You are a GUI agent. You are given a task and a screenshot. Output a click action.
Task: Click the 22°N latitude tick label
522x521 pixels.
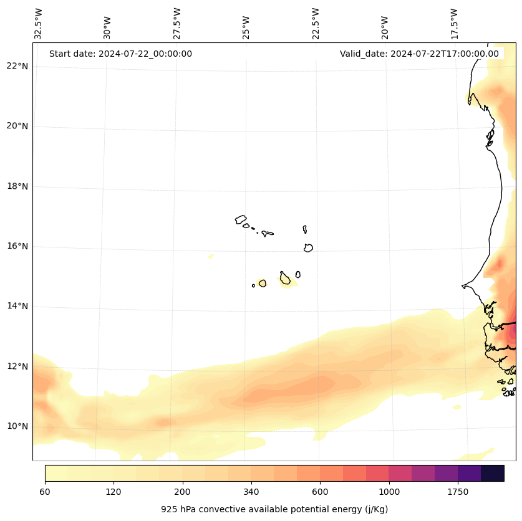point(17,67)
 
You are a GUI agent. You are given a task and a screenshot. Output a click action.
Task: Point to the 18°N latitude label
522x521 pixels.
point(17,186)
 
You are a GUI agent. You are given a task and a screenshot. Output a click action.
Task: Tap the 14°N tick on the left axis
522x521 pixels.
point(17,306)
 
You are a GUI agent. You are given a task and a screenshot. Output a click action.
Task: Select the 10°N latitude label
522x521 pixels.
point(17,426)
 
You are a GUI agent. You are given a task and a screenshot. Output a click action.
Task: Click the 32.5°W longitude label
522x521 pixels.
point(39,24)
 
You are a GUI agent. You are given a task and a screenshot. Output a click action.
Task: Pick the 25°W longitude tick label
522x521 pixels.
point(246,28)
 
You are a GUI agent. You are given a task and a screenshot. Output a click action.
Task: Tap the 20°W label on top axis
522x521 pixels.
point(385,28)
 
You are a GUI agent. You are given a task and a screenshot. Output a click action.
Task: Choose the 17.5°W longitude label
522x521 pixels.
point(454,24)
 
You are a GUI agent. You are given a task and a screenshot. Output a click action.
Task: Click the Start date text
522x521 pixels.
point(120,54)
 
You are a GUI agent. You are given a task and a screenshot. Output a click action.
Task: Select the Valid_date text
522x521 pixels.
point(419,54)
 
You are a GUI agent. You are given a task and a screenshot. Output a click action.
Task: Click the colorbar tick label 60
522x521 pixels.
point(45,492)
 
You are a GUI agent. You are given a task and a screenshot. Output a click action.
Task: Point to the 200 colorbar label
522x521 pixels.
point(182,492)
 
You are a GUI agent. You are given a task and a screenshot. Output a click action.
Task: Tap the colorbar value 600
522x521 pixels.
point(320,492)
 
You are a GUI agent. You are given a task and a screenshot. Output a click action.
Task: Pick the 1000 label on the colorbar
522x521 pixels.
point(389,492)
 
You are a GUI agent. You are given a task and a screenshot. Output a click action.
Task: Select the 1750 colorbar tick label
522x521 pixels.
point(458,492)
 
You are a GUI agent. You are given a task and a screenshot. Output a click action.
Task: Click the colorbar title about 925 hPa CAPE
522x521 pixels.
point(274,509)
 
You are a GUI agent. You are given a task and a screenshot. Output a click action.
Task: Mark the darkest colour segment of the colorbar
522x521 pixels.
point(492,473)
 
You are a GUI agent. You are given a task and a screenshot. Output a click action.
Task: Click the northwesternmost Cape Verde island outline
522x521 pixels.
point(241,219)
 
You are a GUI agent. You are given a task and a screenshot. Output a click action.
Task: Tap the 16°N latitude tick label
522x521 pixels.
point(17,246)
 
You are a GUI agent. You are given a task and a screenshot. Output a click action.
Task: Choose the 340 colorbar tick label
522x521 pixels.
point(251,492)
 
